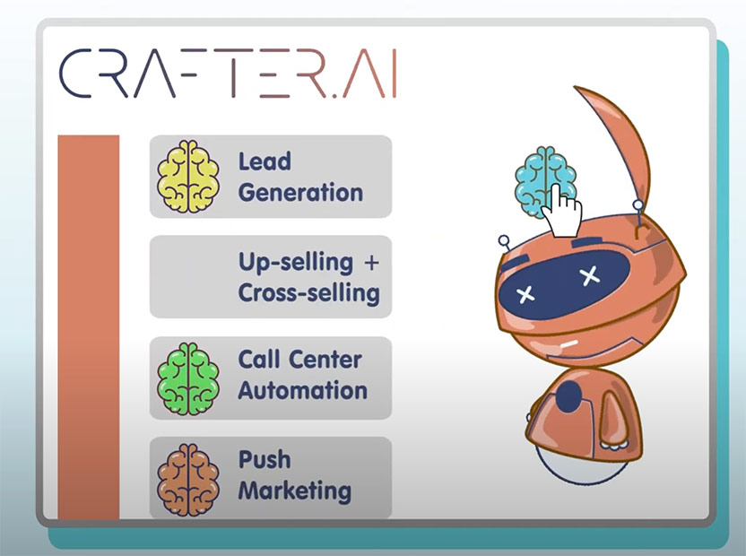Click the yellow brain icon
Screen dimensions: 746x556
(188, 176)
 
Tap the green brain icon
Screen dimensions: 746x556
(188, 379)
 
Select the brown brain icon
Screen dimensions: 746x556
(188, 480)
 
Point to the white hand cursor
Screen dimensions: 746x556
(562, 212)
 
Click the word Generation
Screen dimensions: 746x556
(300, 193)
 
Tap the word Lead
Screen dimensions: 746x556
(265, 161)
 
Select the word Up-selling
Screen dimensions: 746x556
(296, 263)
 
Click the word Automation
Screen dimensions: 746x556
(302, 390)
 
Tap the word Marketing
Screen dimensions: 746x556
(295, 491)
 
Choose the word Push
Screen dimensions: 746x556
(265, 459)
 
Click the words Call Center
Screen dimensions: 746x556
(299, 360)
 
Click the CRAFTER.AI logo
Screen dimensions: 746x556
(228, 73)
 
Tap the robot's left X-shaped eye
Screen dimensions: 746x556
(525, 295)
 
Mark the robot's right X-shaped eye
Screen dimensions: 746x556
(590, 275)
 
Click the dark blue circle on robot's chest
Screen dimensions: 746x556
(569, 396)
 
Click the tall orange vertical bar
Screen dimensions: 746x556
(89, 327)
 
